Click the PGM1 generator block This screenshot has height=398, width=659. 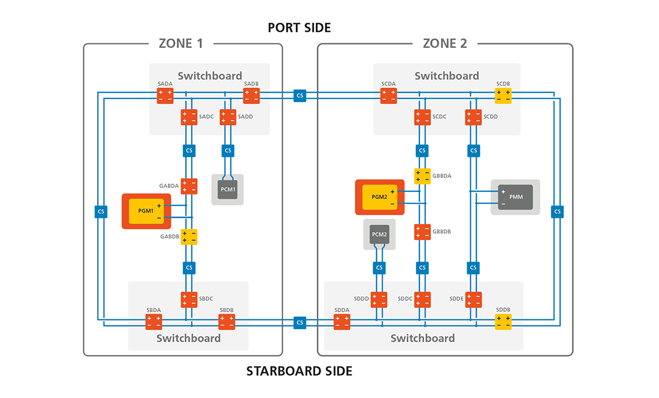(x=146, y=212)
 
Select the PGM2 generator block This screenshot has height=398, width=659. (x=379, y=197)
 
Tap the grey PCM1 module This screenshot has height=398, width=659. (x=228, y=189)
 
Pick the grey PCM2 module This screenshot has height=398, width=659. (x=379, y=234)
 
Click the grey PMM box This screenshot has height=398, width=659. (x=515, y=197)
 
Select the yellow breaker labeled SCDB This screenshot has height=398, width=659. (x=503, y=96)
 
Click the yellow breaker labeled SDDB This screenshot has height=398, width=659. (x=503, y=321)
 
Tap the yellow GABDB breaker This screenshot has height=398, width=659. (x=189, y=237)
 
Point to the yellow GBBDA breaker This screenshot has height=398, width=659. (x=422, y=176)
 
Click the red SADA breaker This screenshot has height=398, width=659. (x=165, y=96)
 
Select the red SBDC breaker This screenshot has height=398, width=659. (x=189, y=298)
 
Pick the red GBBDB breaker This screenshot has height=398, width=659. (x=422, y=232)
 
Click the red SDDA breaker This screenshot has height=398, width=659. (x=341, y=321)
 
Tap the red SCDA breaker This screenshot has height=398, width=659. (x=388, y=96)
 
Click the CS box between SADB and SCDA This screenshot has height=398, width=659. (x=300, y=96)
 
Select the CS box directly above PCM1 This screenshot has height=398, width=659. (x=228, y=150)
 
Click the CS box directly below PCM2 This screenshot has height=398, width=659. (x=379, y=267)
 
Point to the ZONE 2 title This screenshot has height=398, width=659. (x=445, y=43)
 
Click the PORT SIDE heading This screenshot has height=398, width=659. (x=299, y=28)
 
